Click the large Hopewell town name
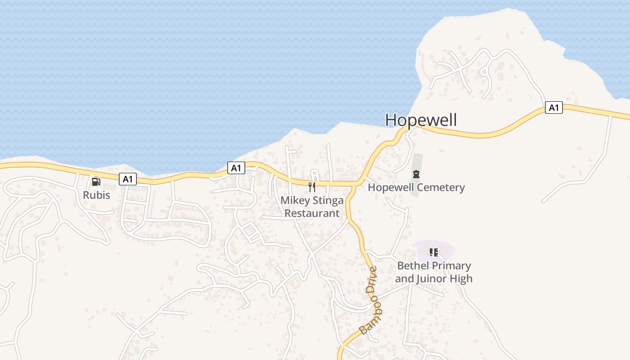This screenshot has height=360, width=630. pos(421,120)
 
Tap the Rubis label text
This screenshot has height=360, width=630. pos(96,195)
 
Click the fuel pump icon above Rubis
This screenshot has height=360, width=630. pos(96,182)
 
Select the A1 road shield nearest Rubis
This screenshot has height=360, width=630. pos(128,179)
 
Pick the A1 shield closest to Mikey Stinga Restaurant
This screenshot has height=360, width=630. pos(236,168)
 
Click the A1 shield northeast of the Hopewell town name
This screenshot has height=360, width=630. pos(554,108)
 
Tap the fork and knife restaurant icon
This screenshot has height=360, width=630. pos(312,187)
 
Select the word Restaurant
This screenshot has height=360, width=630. pos(312,213)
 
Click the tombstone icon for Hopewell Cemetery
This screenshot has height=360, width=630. pos(416,174)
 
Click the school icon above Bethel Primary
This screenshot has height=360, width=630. pos(433,252)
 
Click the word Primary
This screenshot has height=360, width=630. pos(450,265)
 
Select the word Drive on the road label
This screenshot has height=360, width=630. pos(372,280)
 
